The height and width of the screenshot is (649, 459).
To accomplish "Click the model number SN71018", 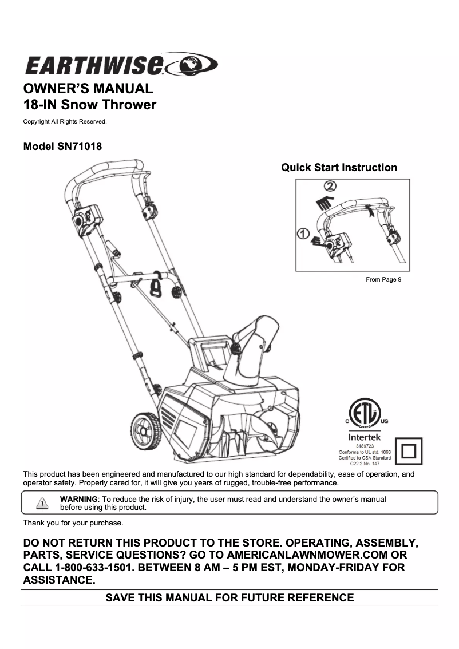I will pyautogui.click(x=79, y=146).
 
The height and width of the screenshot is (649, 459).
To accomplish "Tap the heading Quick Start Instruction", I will pyautogui.click(x=339, y=168).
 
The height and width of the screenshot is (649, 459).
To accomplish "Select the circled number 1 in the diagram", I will pyautogui.click(x=303, y=234).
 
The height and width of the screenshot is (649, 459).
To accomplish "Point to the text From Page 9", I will pyautogui.click(x=383, y=280).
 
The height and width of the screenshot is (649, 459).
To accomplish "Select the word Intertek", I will pyautogui.click(x=365, y=437).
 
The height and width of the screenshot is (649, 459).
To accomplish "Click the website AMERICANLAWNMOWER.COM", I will pyautogui.click(x=300, y=555).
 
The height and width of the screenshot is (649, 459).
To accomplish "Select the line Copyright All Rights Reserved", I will pyautogui.click(x=65, y=121).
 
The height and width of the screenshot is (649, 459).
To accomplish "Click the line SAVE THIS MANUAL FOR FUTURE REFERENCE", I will pyautogui.click(x=230, y=598).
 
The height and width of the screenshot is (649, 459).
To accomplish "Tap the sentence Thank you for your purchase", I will pyautogui.click(x=73, y=523).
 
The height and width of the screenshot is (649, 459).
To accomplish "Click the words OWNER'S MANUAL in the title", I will pyautogui.click(x=88, y=89).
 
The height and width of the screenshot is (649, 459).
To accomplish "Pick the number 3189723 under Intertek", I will pyautogui.click(x=365, y=446).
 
